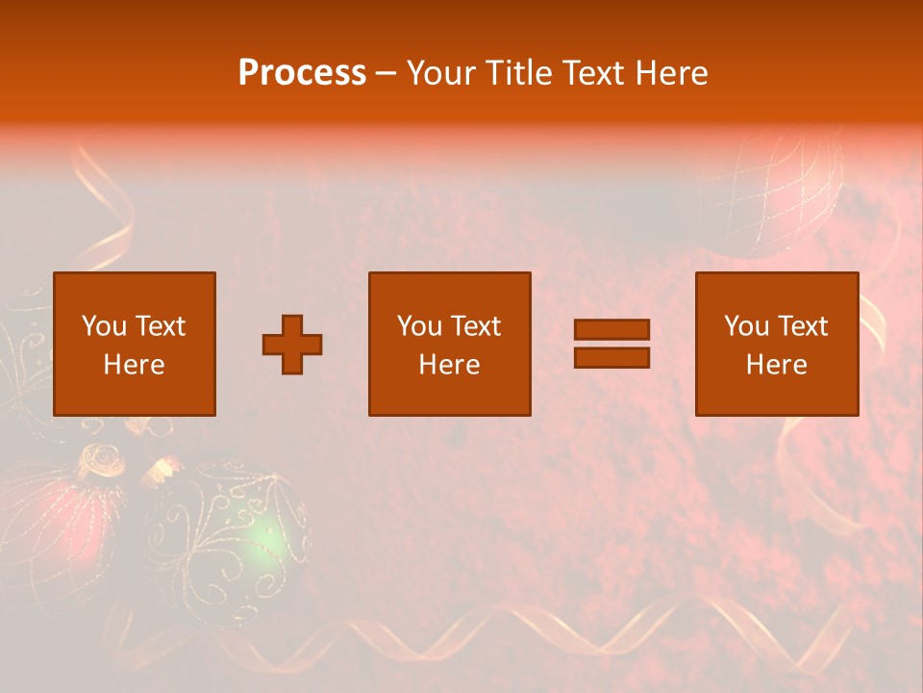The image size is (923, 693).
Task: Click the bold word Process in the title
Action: (302, 73)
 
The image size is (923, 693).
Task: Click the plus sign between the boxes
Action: (292, 345)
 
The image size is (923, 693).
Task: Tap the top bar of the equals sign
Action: (611, 329)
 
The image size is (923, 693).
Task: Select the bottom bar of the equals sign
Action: (611, 358)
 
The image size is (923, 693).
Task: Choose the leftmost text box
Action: (134, 345)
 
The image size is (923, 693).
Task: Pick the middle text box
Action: (449, 345)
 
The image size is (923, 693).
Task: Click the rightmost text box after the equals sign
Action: (776, 345)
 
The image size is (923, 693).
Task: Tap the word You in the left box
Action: (104, 326)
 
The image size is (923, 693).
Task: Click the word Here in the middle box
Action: (449, 365)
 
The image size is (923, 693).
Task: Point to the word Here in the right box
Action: (776, 365)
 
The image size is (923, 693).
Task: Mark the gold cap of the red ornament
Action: (100, 461)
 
